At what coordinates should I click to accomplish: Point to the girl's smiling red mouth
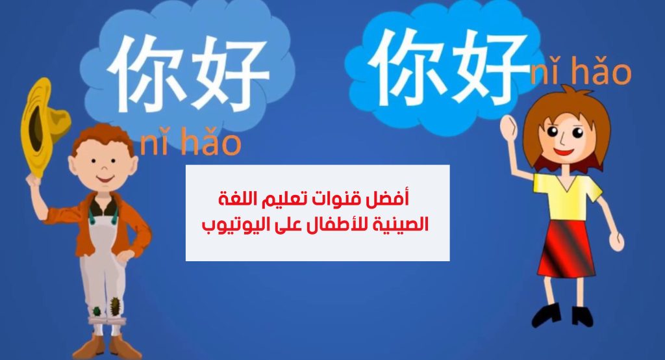click(564, 151)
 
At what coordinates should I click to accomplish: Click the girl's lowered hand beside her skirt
click(617, 241)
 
